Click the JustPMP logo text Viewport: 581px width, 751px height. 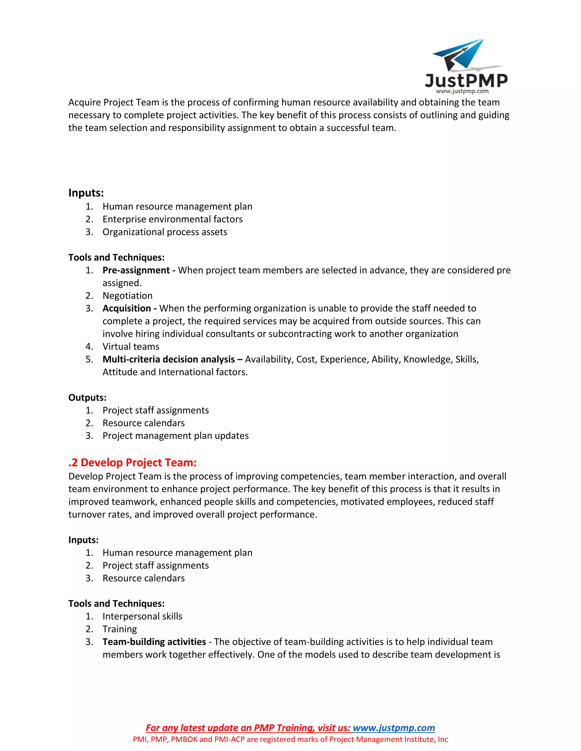pyautogui.click(x=466, y=80)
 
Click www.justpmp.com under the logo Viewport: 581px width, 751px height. pyautogui.click(x=462, y=91)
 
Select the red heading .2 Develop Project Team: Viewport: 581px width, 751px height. pyautogui.click(x=132, y=463)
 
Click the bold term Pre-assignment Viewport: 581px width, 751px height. pyautogui.click(x=136, y=270)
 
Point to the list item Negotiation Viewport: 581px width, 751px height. pyautogui.click(x=127, y=296)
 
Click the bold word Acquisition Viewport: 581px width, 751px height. pyautogui.click(x=127, y=308)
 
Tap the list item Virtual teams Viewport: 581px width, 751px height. pyautogui.click(x=131, y=347)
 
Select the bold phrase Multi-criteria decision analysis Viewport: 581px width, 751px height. pyautogui.click(x=169, y=359)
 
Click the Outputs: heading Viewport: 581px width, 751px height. pyautogui.click(x=87, y=398)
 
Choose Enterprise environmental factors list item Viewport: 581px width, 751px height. pyautogui.click(x=172, y=219)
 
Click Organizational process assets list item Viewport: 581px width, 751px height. pyautogui.click(x=165, y=232)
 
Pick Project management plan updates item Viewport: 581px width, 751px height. pyautogui.click(x=176, y=436)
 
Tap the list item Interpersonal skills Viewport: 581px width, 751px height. pyautogui.click(x=142, y=616)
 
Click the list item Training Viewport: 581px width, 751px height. pyautogui.click(x=119, y=629)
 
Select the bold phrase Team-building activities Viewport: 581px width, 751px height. pyautogui.click(x=154, y=642)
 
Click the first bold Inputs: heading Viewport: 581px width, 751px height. pyautogui.click(x=86, y=193)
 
